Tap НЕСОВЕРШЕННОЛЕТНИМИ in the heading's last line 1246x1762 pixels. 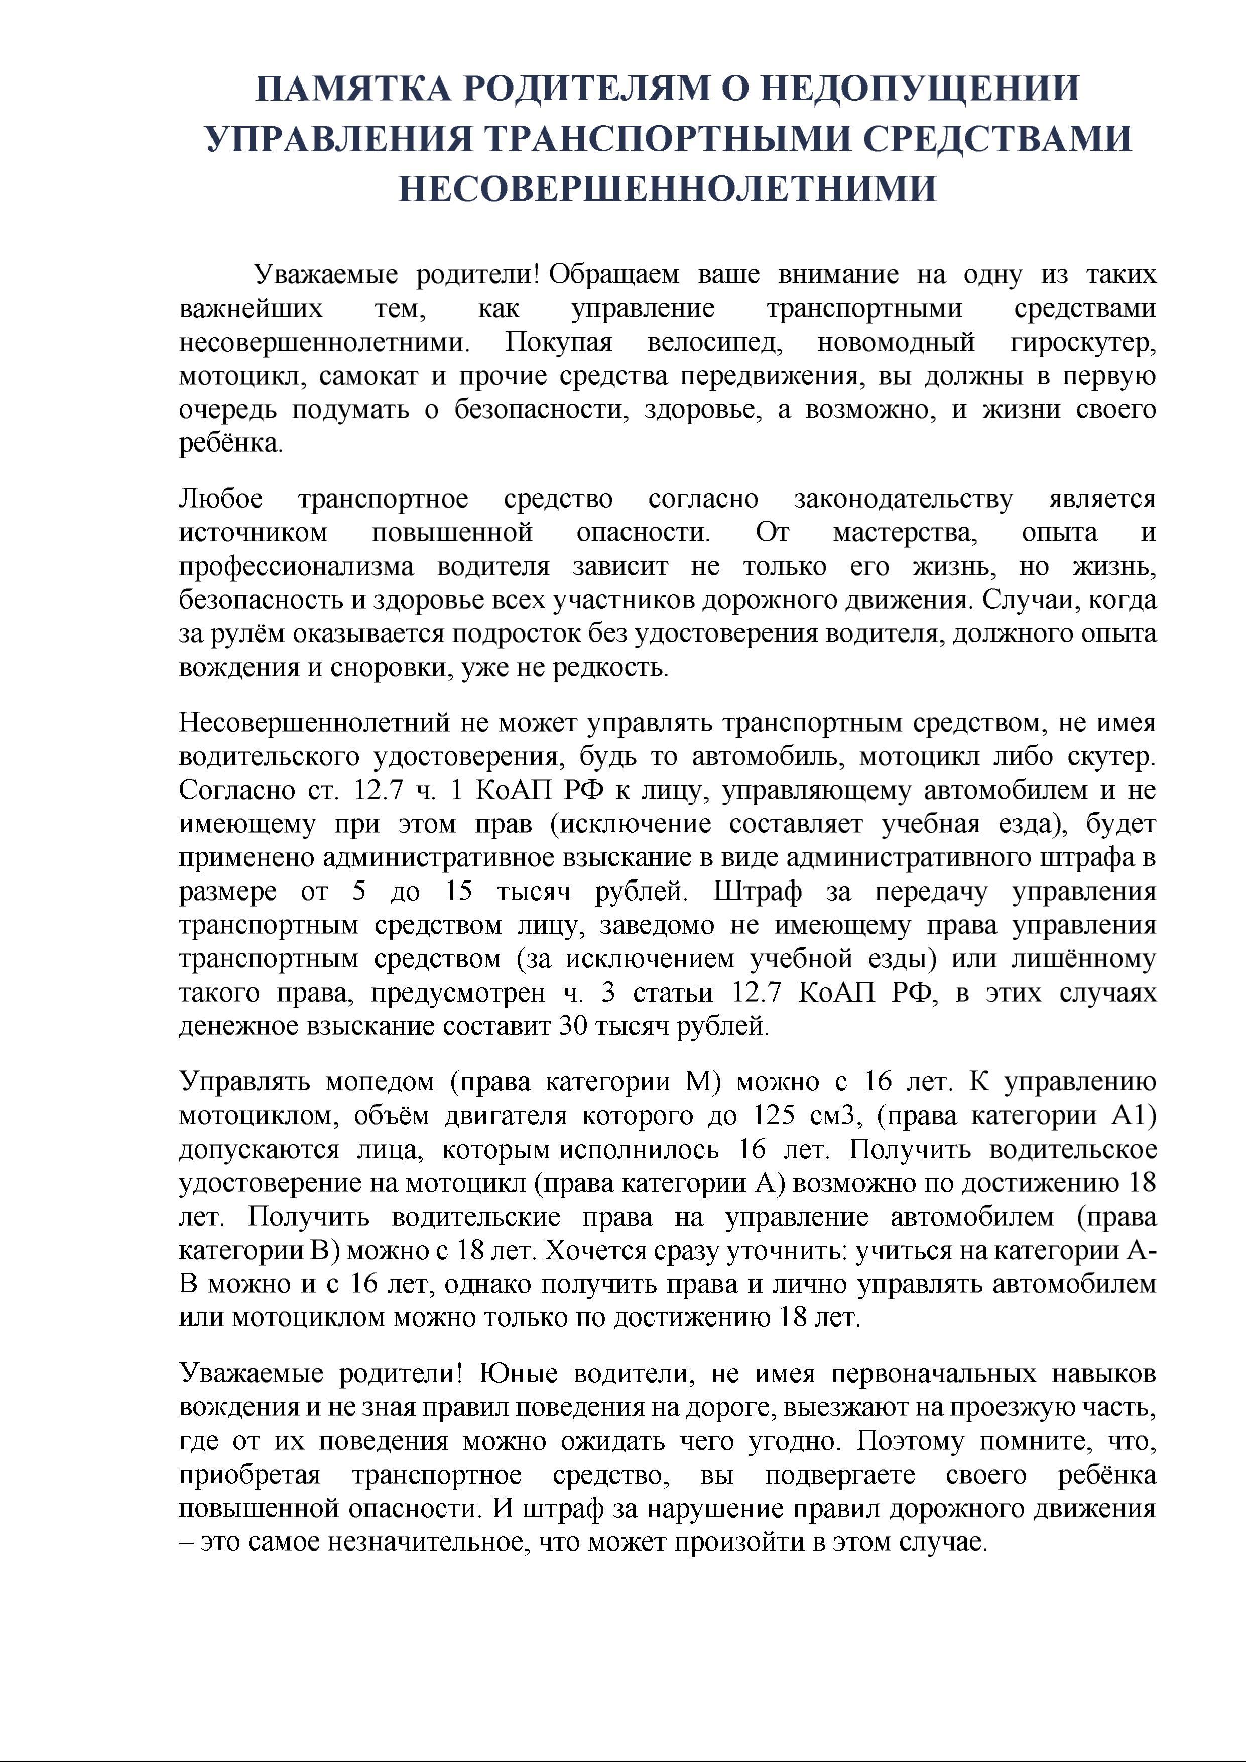[668, 188]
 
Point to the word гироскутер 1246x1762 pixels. [1082, 342]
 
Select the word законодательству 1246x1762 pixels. [903, 500]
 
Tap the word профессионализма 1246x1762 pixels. [296, 567]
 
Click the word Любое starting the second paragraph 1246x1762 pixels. [221, 500]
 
